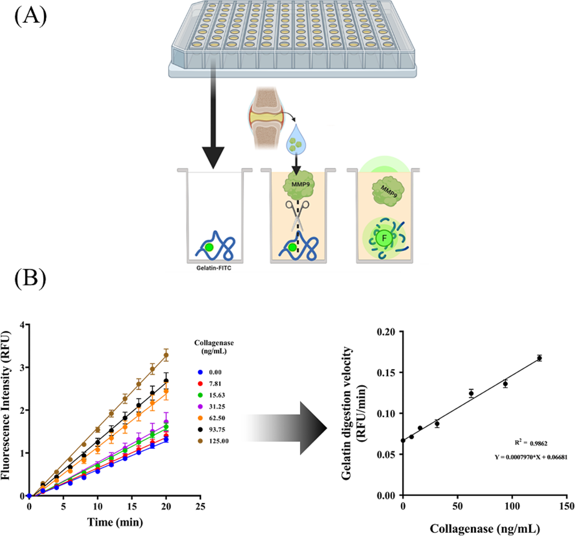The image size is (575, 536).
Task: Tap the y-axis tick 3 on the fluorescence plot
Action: [x=23, y=367]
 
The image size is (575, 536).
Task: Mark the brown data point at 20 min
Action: [x=166, y=355]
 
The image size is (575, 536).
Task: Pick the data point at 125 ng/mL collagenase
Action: [x=540, y=358]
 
